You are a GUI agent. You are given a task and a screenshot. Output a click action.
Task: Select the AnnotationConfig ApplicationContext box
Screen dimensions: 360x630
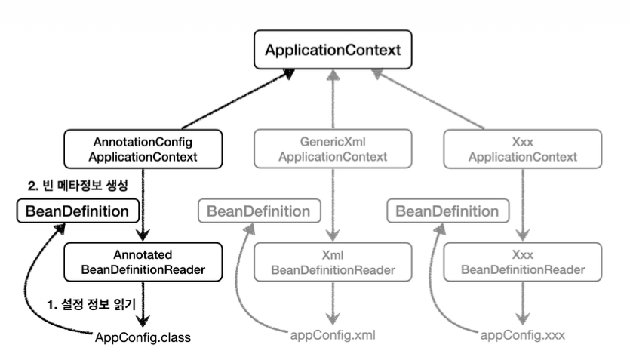(x=143, y=149)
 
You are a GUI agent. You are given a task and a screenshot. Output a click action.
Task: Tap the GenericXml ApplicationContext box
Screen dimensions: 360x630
(x=333, y=149)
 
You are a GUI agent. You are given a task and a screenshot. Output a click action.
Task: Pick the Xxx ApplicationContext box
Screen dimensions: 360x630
(x=522, y=149)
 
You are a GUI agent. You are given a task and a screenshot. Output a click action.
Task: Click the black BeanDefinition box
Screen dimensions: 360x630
(x=77, y=211)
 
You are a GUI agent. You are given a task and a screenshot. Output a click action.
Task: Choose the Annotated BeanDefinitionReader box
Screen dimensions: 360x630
(x=143, y=262)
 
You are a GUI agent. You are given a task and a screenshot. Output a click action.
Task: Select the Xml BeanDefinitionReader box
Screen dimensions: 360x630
(x=333, y=262)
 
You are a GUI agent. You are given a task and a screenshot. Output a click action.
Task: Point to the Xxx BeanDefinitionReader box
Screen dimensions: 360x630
(x=522, y=262)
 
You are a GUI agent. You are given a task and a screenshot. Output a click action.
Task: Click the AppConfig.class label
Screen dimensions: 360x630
(x=143, y=337)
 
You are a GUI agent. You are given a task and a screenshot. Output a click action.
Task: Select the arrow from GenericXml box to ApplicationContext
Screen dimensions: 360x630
(x=333, y=98)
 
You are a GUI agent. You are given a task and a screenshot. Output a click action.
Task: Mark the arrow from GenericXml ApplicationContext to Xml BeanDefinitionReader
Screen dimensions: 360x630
(x=333, y=204)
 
